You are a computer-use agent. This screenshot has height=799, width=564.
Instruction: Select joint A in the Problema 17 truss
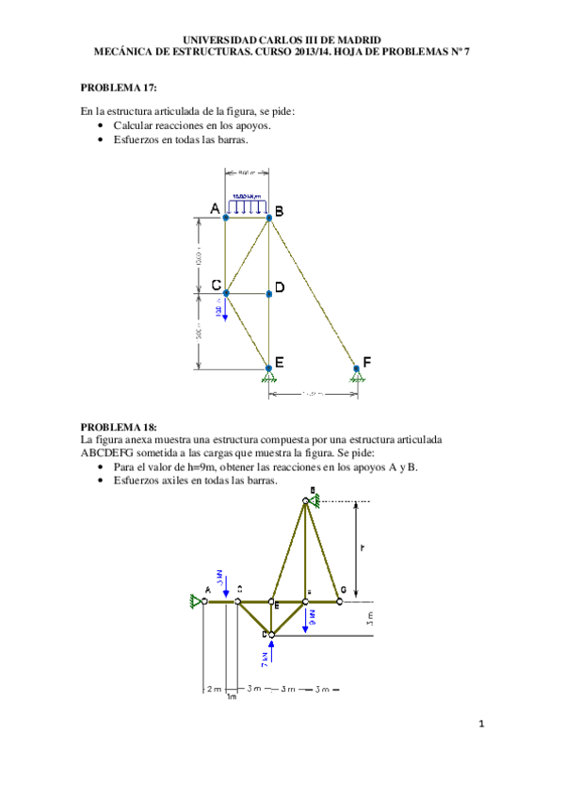pyautogui.click(x=226, y=218)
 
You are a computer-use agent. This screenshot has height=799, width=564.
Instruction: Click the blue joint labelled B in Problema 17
pyautogui.click(x=269, y=218)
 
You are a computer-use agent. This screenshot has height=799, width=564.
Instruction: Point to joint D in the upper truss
pyautogui.click(x=269, y=294)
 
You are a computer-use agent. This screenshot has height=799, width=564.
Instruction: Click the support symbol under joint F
pyautogui.click(x=356, y=377)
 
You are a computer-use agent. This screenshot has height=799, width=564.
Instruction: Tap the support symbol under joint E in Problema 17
pyautogui.click(x=269, y=377)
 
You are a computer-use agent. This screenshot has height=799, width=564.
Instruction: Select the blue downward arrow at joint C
pyautogui.click(x=226, y=310)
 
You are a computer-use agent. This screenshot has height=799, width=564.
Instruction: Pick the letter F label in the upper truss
pyautogui.click(x=367, y=361)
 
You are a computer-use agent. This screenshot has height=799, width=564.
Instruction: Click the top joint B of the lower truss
pyautogui.click(x=305, y=500)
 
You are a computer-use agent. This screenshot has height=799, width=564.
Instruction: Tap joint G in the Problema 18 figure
pyautogui.click(x=338, y=600)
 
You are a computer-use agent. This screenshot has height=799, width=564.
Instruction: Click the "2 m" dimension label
pyautogui.click(x=213, y=689)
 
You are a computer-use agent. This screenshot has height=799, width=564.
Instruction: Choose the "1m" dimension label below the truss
pyautogui.click(x=232, y=698)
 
